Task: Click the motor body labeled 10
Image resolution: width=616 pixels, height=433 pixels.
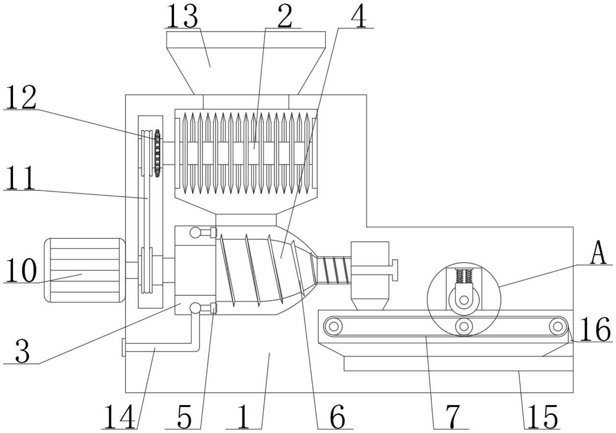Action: click(84, 270)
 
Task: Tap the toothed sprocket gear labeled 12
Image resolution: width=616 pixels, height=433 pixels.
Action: click(157, 153)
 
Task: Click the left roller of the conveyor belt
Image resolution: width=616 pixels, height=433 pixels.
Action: click(334, 326)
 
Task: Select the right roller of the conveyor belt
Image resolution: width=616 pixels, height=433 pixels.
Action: click(557, 326)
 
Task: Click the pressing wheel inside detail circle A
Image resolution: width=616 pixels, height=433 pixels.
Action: click(464, 300)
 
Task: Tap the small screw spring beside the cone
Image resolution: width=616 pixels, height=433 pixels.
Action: click(335, 270)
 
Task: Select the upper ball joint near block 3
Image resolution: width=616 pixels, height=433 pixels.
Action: click(195, 233)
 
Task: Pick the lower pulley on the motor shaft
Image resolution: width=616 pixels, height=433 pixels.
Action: click(147, 270)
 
